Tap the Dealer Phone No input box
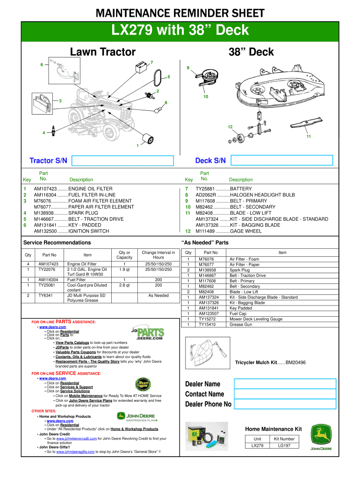(285, 404)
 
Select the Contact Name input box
(285, 394)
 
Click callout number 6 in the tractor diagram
(42, 65)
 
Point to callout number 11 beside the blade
(309, 137)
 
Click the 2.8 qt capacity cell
(124, 285)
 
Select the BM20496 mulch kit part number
(295, 363)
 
